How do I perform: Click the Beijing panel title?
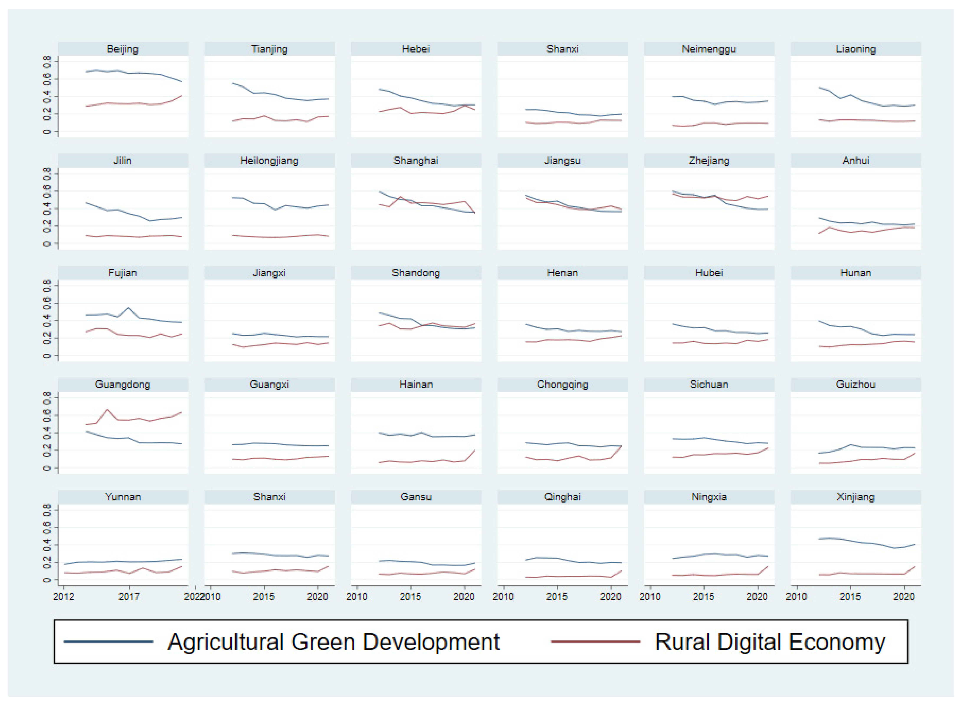coord(123,49)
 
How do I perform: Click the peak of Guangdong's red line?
coord(107,410)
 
